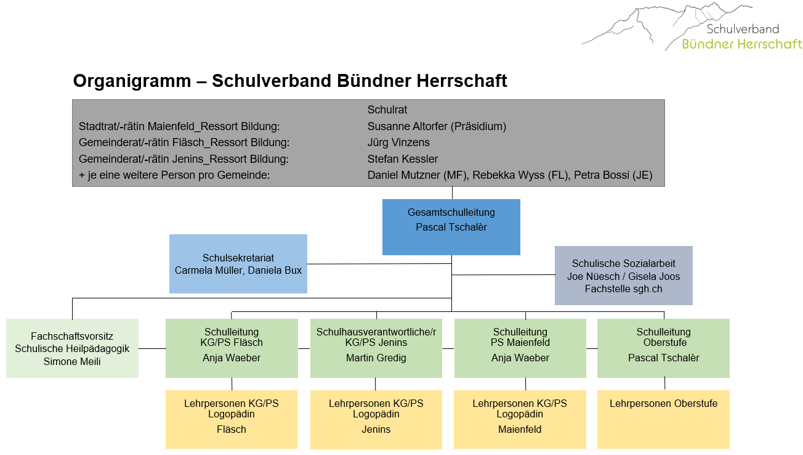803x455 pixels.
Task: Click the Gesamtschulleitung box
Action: tap(451, 227)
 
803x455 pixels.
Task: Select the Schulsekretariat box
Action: tap(238, 264)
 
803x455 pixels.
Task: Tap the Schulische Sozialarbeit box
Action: tap(623, 276)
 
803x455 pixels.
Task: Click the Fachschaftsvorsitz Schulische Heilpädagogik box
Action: tap(72, 348)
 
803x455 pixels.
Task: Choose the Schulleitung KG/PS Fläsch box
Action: tap(232, 348)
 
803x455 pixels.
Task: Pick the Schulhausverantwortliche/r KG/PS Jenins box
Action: tap(376, 348)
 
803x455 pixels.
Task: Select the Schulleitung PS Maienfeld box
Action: tap(520, 348)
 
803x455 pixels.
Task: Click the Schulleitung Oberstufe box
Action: tap(663, 348)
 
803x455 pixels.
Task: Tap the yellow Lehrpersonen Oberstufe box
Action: tap(663, 419)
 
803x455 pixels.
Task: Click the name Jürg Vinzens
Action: tap(398, 142)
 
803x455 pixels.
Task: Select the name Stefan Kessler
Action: tap(403, 158)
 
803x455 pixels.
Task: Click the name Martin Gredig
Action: tap(376, 358)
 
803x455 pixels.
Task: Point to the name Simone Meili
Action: tap(72, 361)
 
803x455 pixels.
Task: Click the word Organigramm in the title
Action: tap(132, 81)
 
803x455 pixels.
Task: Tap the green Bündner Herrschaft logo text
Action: tap(742, 44)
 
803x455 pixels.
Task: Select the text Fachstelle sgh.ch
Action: tap(623, 289)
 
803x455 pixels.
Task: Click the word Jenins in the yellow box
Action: tap(376, 429)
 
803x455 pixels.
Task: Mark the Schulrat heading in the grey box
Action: tap(387, 110)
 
